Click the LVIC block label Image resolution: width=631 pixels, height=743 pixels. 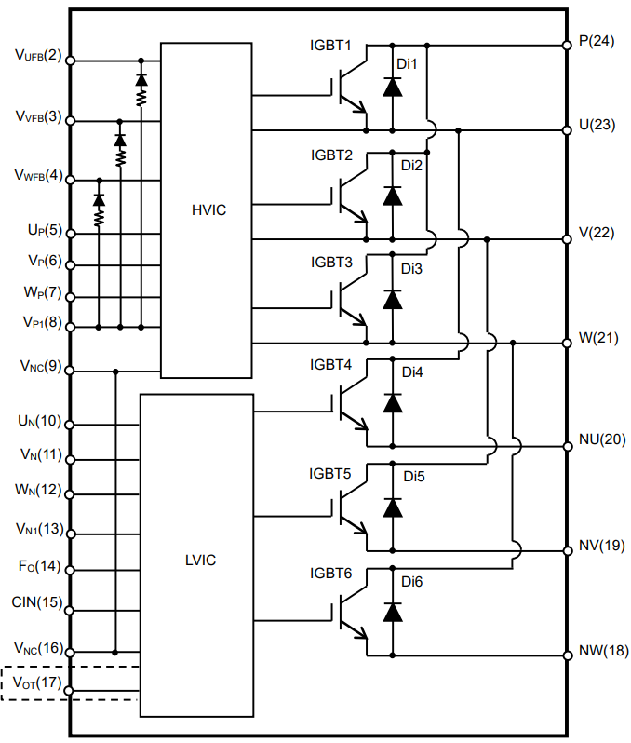click(x=200, y=560)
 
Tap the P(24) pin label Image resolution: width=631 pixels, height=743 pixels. click(x=597, y=43)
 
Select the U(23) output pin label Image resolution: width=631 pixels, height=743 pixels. click(x=597, y=124)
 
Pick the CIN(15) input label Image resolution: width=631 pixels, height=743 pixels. click(x=37, y=601)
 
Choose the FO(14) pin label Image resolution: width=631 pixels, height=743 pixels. click(x=37, y=565)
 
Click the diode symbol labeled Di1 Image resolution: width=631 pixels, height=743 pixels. click(x=392, y=88)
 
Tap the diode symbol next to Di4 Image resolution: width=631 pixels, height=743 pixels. click(x=392, y=402)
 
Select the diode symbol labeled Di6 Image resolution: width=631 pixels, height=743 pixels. click(x=392, y=612)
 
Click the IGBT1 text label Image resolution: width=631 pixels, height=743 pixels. click(x=331, y=45)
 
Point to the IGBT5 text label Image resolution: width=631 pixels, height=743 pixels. click(x=331, y=473)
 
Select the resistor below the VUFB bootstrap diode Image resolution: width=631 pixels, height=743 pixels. click(x=141, y=96)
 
